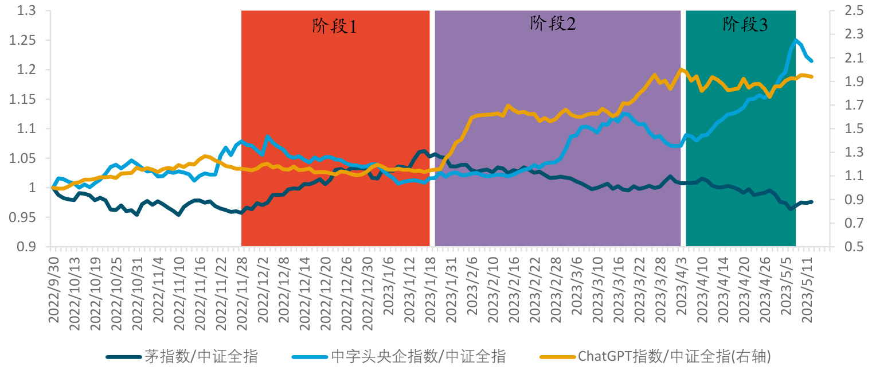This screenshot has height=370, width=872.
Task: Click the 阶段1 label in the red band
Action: [334, 26]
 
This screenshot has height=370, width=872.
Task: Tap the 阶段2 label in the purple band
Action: [553, 24]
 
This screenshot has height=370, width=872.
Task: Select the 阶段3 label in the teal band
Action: [745, 25]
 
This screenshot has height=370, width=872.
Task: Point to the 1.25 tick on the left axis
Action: [25, 41]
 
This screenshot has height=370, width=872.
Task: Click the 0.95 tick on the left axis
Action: [25, 217]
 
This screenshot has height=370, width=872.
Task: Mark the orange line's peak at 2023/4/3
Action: [681, 69]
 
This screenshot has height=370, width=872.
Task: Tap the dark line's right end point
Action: [812, 201]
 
